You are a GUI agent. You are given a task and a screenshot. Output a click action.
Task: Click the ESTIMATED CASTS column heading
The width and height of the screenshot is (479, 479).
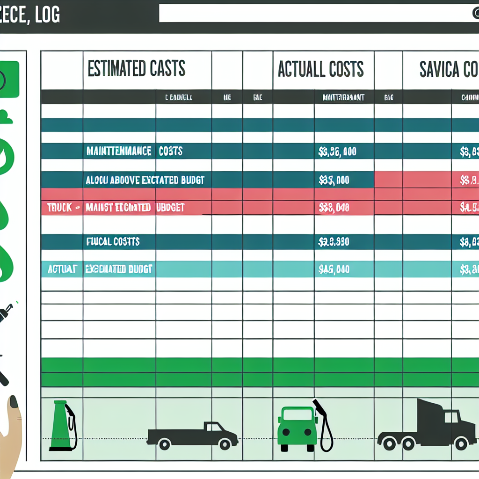click(136, 69)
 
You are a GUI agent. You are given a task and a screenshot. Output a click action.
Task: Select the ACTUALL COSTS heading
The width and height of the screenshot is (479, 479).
click(320, 69)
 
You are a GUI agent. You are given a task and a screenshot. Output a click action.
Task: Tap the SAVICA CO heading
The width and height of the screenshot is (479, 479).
click(448, 69)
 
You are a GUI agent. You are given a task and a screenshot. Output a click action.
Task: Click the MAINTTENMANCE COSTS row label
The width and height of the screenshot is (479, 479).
click(134, 151)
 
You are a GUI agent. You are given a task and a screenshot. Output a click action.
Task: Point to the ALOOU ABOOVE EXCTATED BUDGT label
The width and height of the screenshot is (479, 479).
click(145, 180)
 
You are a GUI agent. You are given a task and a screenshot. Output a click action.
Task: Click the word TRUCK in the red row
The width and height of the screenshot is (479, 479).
click(60, 207)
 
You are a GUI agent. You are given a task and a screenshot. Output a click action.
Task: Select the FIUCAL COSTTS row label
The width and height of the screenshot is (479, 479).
click(113, 242)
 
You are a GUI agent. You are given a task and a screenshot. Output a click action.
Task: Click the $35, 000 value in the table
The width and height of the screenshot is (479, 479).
click(334, 180)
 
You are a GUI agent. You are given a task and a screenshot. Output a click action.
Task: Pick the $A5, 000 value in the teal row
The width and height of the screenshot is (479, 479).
click(334, 269)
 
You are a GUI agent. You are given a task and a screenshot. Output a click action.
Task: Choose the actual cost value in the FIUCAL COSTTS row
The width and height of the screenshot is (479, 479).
click(334, 242)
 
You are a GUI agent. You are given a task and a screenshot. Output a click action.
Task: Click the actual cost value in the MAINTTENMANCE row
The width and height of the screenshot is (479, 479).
click(337, 151)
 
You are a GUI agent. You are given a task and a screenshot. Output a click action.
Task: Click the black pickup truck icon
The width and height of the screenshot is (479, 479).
click(193, 435)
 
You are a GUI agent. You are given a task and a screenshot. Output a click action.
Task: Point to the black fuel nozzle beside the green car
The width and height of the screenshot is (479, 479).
click(324, 426)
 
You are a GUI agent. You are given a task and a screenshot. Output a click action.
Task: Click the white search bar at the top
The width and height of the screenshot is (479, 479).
click(313, 13)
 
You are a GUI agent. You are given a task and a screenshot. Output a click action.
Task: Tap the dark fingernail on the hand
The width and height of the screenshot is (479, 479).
click(14, 402)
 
